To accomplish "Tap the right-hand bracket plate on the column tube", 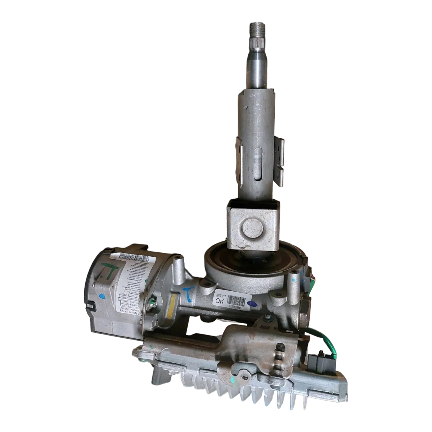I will tap(280, 151).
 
